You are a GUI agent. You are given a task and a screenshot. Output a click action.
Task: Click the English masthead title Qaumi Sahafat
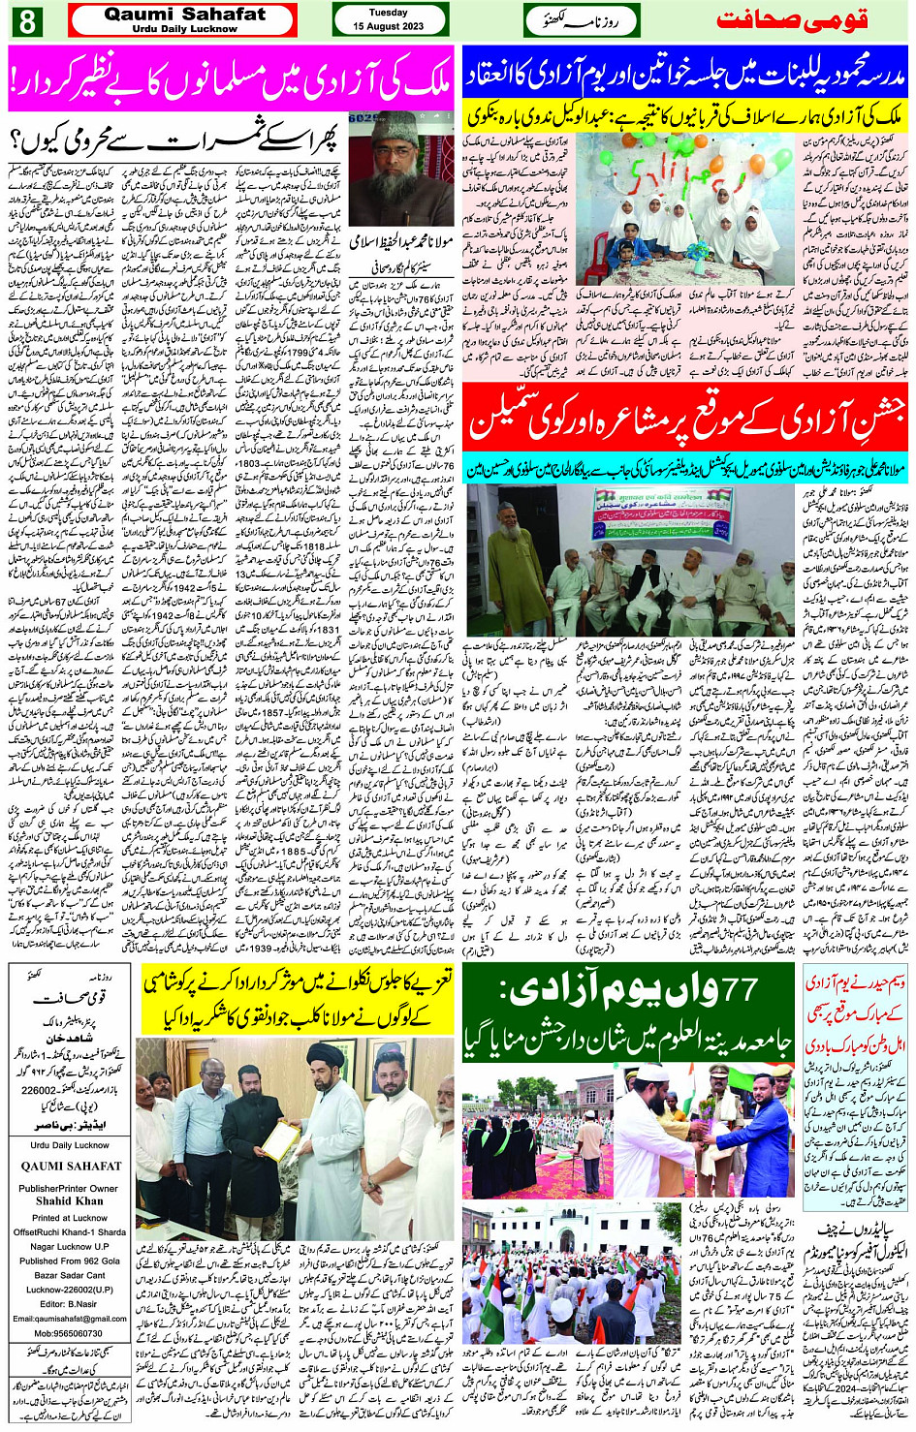point(184,15)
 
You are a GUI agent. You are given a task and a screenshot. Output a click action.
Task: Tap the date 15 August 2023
point(388,26)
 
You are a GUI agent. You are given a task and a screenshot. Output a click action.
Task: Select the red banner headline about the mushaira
point(685,416)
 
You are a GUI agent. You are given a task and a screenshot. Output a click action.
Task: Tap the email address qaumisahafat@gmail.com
point(69,1319)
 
